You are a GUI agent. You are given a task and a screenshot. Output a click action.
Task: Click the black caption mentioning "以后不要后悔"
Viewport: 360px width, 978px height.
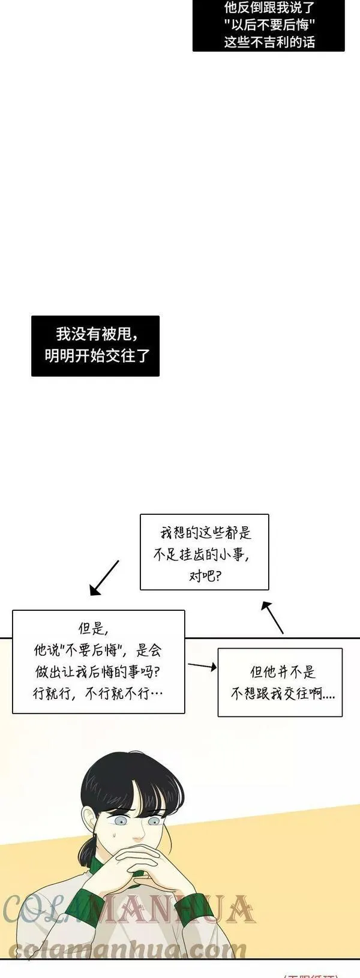tap(269, 25)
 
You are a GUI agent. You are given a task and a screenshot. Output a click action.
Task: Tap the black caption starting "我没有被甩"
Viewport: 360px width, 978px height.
tap(95, 346)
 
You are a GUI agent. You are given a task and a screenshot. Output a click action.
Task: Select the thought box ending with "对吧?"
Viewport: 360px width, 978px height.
tap(204, 551)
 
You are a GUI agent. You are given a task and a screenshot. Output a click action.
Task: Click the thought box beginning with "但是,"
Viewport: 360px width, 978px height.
tap(98, 661)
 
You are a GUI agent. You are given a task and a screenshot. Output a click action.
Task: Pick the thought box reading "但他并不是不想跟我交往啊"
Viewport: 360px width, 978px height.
tap(280, 682)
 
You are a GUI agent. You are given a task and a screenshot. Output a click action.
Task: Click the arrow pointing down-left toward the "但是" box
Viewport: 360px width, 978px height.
tap(104, 578)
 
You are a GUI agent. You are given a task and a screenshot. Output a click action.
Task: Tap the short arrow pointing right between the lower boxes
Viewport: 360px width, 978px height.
tap(202, 665)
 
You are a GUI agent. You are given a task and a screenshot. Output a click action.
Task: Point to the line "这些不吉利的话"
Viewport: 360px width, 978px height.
tap(269, 41)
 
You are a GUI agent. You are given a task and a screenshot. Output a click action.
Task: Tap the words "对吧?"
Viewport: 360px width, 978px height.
tap(204, 577)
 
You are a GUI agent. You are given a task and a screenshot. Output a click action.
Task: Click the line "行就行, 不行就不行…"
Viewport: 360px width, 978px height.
tap(98, 694)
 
